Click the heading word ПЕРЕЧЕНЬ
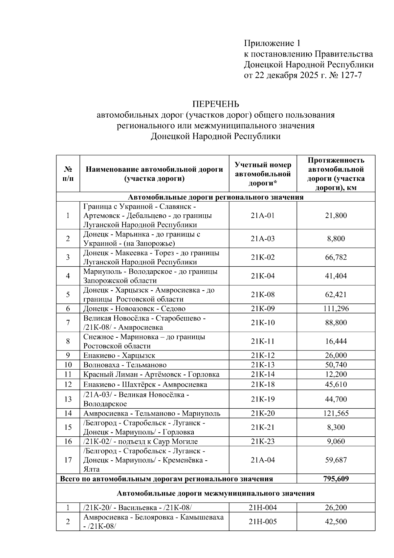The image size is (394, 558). coord(215,104)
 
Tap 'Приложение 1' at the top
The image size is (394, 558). coord(272,43)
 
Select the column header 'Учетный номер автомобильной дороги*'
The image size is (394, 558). coord(263,174)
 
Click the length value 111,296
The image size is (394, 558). coord(336,309)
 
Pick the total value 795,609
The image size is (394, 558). coord(336,479)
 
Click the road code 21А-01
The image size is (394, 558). coord(263,216)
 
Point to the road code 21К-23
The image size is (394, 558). coord(263,441)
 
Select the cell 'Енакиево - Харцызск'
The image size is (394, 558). coord(119,355)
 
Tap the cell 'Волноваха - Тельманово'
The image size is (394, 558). coord(125,365)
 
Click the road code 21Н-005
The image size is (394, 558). coord(263,522)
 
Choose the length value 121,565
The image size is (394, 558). coord(336,413)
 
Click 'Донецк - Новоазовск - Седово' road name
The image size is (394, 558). coord(134,309)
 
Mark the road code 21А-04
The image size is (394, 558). coord(263,460)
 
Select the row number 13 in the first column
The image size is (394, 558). coord(68,399)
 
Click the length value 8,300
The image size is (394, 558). coord(336,427)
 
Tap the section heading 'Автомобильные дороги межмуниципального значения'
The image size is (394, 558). coord(215,493)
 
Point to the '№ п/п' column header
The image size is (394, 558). coord(68,174)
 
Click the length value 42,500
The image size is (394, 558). coord(336,522)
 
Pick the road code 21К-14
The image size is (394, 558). coord(263,375)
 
